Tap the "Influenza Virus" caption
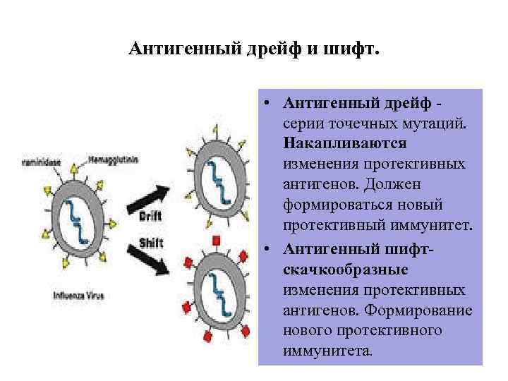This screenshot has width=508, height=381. point(78,296)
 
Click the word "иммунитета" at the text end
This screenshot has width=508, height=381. point(325,351)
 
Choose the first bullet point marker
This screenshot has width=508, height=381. point(270,102)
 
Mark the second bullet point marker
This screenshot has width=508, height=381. point(270,250)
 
